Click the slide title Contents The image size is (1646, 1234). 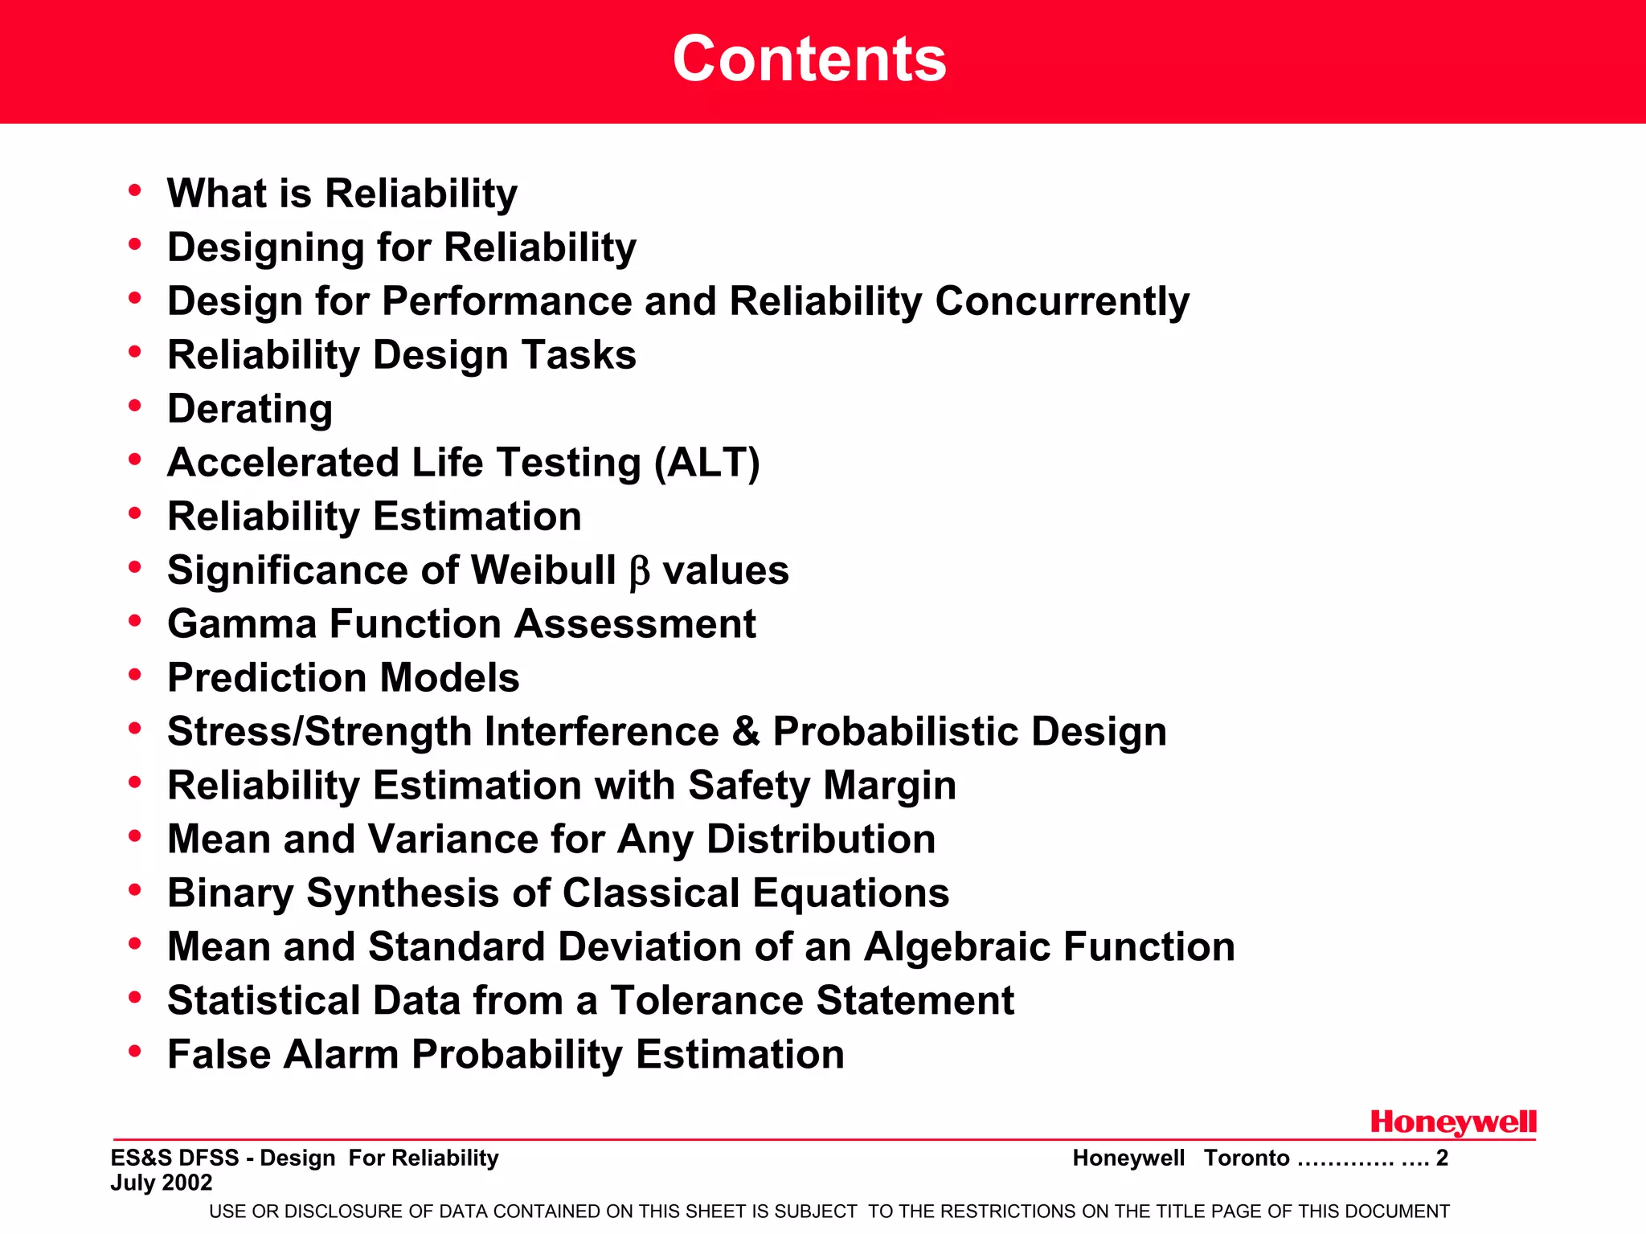tap(809, 59)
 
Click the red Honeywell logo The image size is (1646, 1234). tap(1453, 1122)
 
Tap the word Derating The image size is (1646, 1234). tap(250, 409)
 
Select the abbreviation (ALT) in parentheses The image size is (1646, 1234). tap(706, 463)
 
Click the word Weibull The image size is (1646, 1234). tap(543, 570)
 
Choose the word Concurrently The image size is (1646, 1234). tap(1062, 302)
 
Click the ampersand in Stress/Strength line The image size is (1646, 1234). tap(746, 732)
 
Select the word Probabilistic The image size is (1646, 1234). tap(895, 732)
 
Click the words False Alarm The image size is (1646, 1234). tap(283, 1055)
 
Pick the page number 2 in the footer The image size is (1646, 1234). tap(1442, 1158)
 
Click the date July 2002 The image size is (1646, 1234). tap(162, 1183)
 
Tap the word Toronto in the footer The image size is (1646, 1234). tap(1247, 1158)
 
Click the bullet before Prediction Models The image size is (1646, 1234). tap(135, 674)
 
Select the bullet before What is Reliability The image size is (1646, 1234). tap(135, 190)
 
